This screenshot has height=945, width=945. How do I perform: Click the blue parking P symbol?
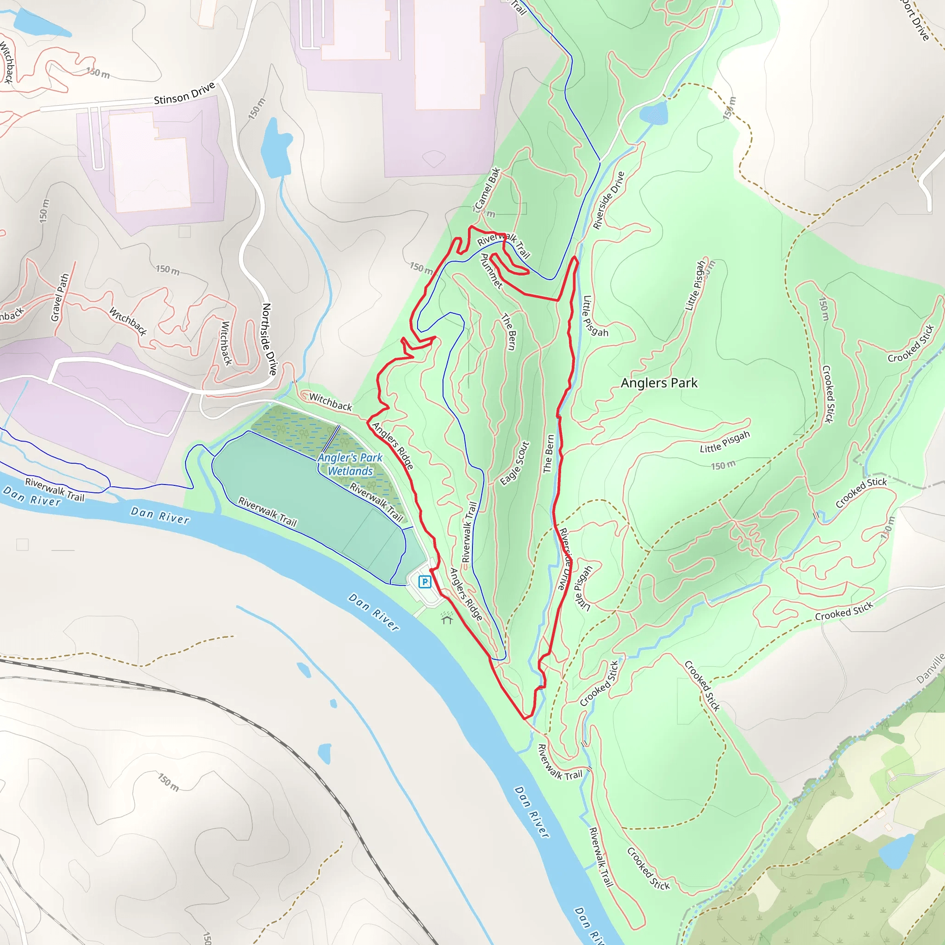[425, 582]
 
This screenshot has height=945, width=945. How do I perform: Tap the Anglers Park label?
[659, 383]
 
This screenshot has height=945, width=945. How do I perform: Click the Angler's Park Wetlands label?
[350, 464]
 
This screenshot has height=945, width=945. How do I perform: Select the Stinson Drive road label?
[185, 93]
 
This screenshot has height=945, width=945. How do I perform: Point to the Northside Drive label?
[269, 339]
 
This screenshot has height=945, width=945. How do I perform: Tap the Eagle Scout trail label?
[514, 463]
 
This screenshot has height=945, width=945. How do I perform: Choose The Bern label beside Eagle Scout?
[549, 454]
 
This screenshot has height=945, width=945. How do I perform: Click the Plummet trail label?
[491, 270]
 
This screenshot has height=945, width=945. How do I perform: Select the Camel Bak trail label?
[487, 189]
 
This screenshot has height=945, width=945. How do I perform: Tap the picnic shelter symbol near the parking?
[447, 618]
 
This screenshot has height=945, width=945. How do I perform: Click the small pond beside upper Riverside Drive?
[653, 114]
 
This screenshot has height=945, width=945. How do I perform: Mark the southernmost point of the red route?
[525, 718]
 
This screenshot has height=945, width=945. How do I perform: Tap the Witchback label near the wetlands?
[330, 402]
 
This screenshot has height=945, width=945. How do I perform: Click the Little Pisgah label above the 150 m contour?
[724, 442]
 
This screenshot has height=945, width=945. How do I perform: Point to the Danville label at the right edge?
[931, 668]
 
